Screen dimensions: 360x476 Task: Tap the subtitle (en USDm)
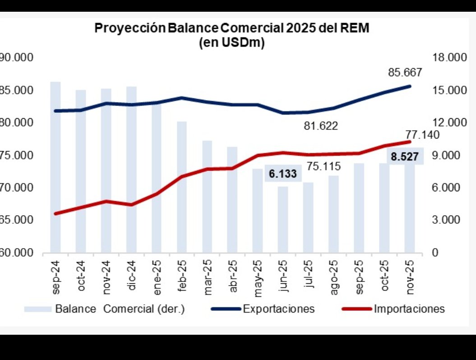coord(231,43)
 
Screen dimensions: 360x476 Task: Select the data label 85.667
coord(405,72)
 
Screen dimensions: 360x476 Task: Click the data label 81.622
coord(321,126)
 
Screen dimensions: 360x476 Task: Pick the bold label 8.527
coord(405,157)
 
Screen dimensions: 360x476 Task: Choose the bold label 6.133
coord(283,174)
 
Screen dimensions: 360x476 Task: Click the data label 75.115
coord(323,166)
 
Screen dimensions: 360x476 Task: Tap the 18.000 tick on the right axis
coord(448,58)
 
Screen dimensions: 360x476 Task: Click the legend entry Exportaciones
coord(278,309)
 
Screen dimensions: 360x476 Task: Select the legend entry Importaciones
coord(409,309)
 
